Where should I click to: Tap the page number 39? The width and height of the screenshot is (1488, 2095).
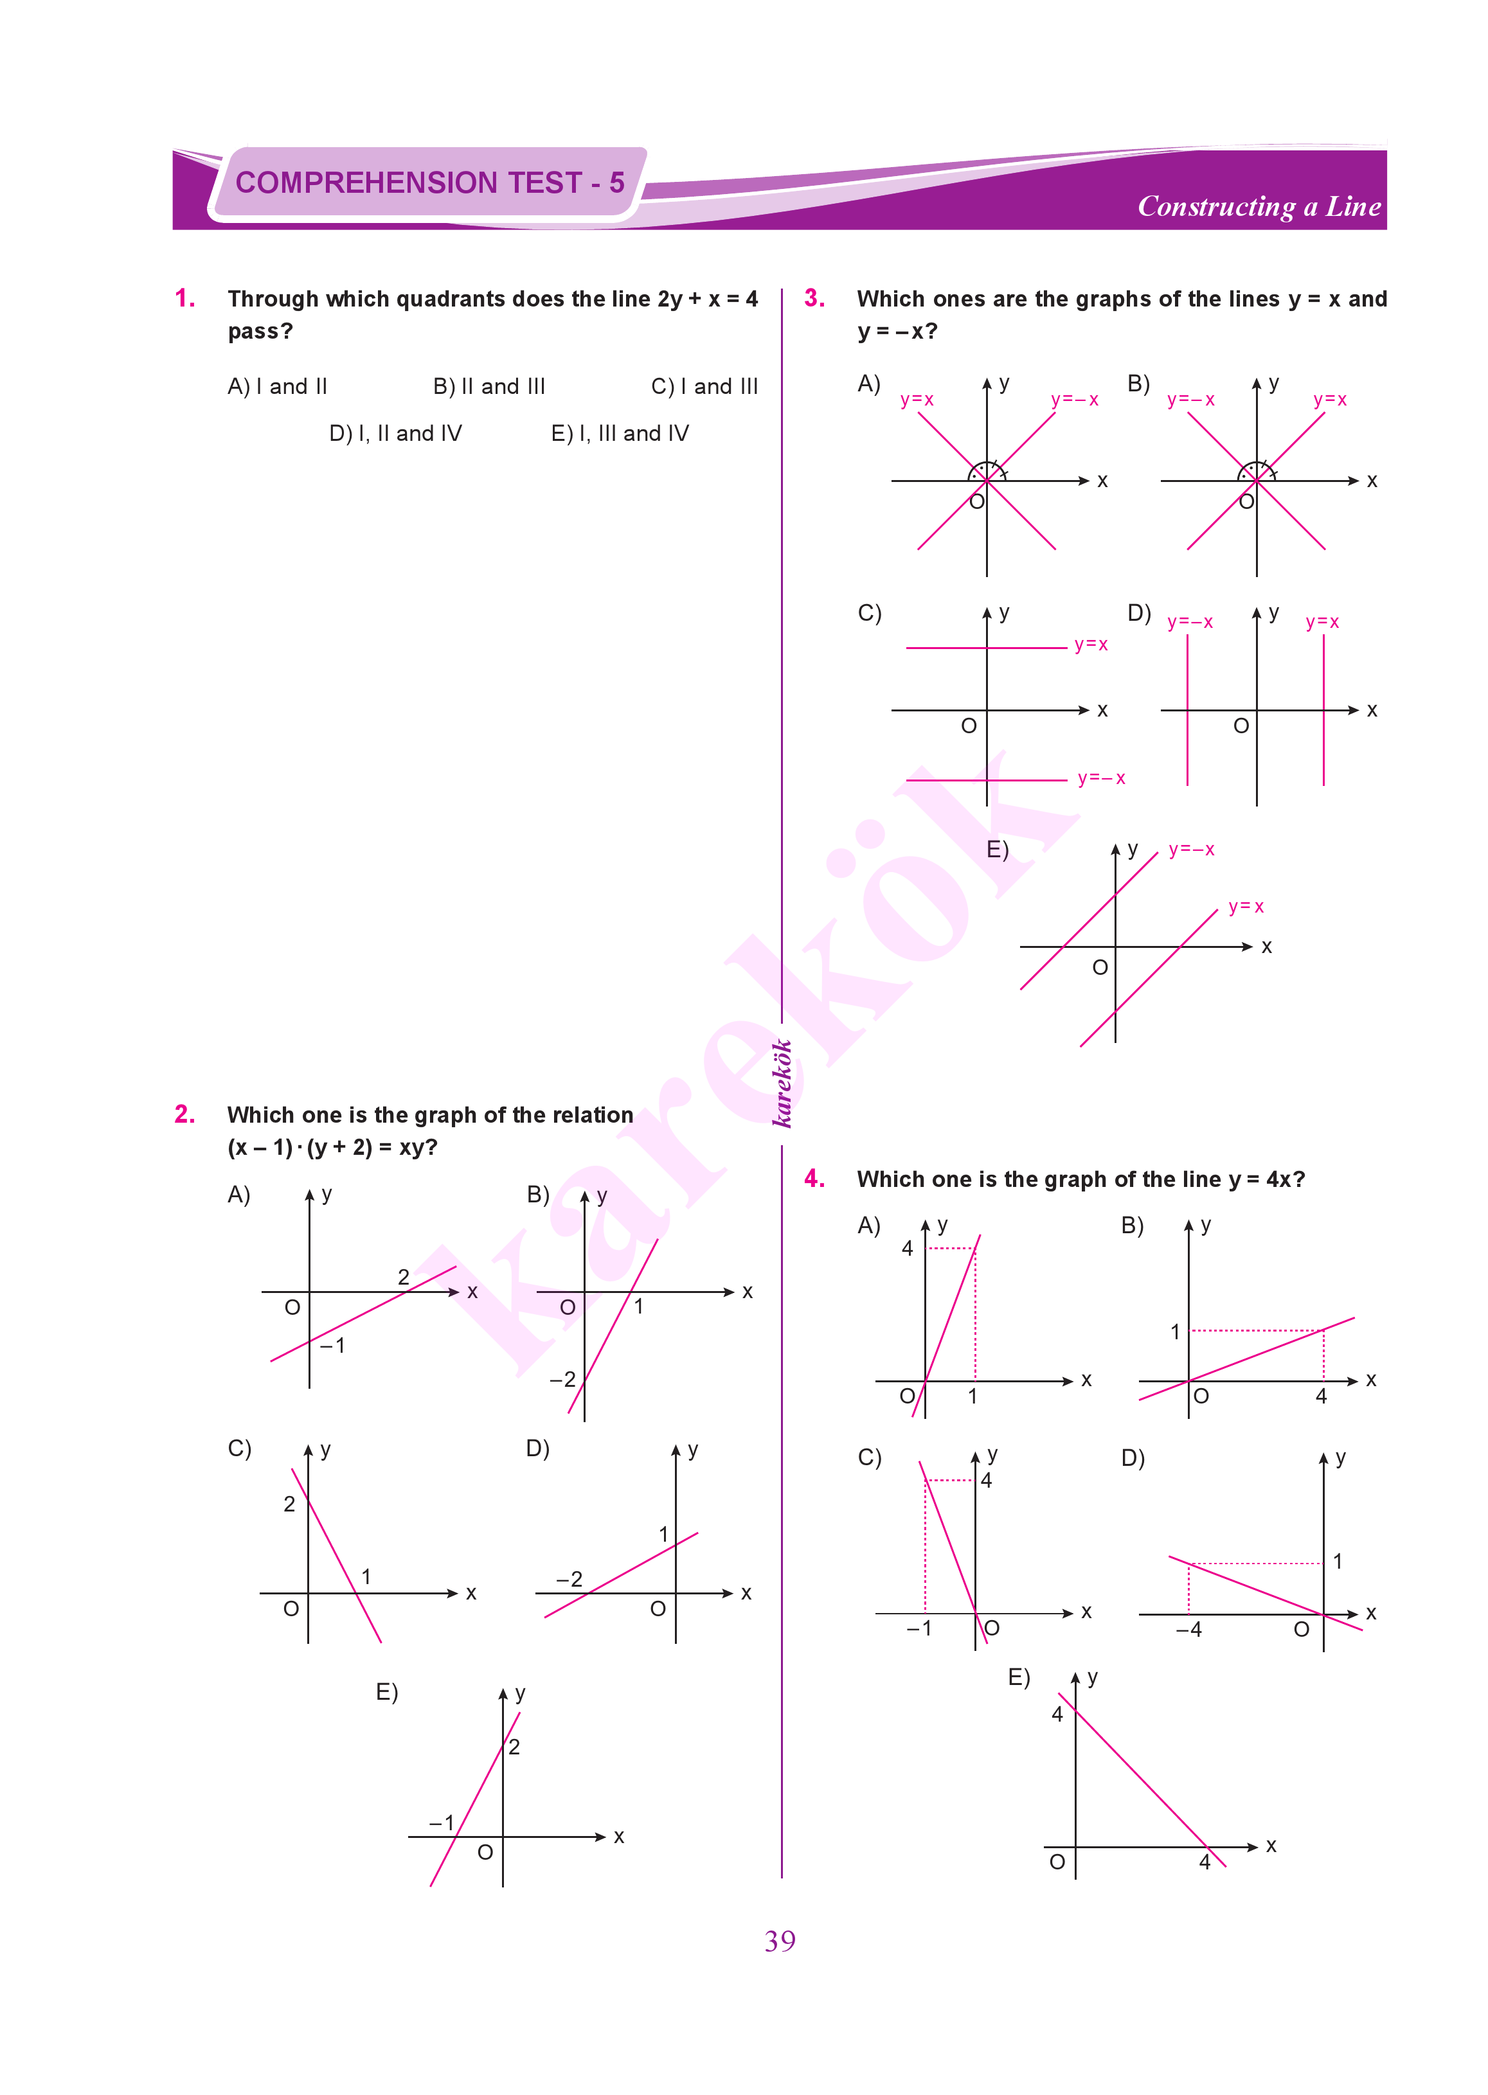(780, 1940)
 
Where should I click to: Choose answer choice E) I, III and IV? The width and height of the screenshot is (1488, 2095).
(620, 433)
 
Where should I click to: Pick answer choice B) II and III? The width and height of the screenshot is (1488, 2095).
(489, 387)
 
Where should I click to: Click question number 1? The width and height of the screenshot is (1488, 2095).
(184, 299)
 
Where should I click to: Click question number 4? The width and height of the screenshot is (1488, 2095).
(814, 1179)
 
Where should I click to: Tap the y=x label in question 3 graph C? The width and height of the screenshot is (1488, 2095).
(1090, 645)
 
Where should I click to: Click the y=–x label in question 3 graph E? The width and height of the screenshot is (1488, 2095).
(1191, 850)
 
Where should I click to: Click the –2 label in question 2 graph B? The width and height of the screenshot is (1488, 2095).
(562, 1380)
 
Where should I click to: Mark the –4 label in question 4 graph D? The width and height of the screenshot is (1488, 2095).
(1188, 1630)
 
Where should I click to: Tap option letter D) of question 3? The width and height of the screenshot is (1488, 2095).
(1139, 613)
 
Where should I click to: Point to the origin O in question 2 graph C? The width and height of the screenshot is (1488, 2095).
(291, 1609)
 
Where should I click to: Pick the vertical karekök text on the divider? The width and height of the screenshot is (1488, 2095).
(781, 1083)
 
